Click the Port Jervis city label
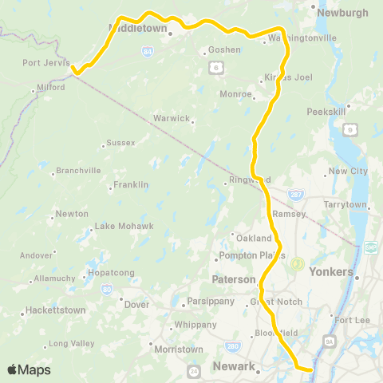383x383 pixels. (x=46, y=63)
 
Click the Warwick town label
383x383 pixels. (x=172, y=119)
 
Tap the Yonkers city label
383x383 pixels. (x=334, y=272)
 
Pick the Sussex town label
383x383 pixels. (x=120, y=143)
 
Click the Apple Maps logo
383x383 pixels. (x=29, y=369)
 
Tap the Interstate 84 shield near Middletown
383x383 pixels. (x=148, y=51)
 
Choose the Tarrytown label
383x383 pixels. (x=345, y=205)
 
